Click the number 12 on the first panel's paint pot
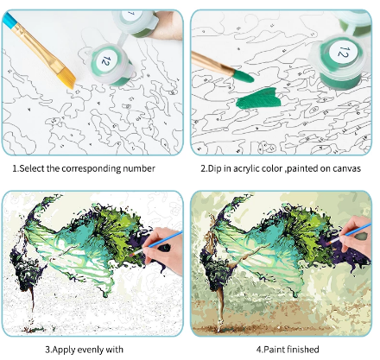click(106, 60)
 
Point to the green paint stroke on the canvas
click(259, 98)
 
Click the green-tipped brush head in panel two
click(244, 76)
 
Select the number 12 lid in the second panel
click(343, 53)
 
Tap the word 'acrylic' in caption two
click(247, 168)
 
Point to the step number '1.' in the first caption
click(16, 168)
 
